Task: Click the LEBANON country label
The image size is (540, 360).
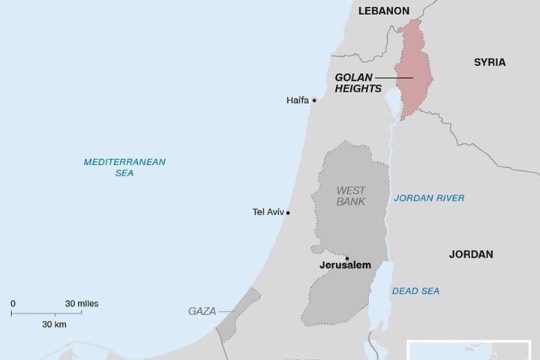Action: tap(384, 10)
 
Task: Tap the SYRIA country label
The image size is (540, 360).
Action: tap(489, 62)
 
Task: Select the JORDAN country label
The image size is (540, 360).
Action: tap(470, 254)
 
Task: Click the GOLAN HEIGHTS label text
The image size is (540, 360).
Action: tap(354, 82)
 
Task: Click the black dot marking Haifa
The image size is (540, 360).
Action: tap(314, 100)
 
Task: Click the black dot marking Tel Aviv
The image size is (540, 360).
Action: tap(288, 213)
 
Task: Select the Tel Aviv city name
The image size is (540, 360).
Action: tap(268, 212)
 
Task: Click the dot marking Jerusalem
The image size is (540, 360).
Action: tap(346, 259)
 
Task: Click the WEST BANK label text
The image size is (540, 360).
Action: tap(350, 196)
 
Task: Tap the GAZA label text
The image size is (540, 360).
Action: tap(202, 310)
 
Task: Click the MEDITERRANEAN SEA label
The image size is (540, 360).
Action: tap(124, 166)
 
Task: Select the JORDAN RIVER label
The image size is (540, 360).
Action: tap(428, 198)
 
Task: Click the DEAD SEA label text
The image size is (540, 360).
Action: tap(415, 291)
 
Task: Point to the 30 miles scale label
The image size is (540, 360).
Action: tap(81, 304)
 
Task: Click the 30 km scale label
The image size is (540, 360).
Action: tap(54, 324)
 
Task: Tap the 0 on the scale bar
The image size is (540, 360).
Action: tap(13, 304)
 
